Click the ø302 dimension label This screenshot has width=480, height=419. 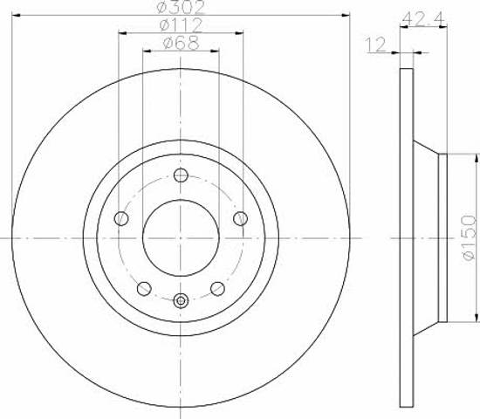(x=180, y=7)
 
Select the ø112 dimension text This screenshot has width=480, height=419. (x=182, y=24)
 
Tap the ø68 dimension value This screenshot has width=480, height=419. (x=182, y=43)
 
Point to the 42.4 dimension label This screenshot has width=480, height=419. (x=422, y=19)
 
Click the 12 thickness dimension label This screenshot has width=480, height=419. (x=375, y=45)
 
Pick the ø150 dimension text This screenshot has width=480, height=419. (x=470, y=237)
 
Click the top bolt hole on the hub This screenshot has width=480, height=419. (x=181, y=175)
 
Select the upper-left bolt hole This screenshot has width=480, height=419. (x=121, y=218)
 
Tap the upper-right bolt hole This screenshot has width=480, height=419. (x=240, y=218)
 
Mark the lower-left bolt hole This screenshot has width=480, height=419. (x=144, y=289)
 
